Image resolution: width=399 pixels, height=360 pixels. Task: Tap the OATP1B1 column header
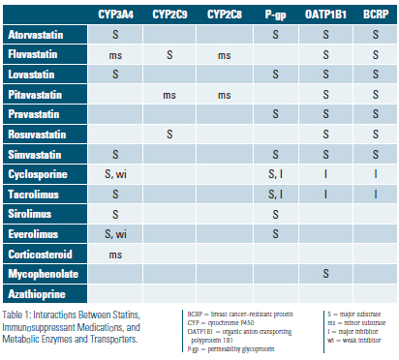327,15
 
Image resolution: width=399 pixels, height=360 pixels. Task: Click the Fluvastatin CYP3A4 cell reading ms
116,54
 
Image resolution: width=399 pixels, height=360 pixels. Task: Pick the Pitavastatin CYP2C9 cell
169,94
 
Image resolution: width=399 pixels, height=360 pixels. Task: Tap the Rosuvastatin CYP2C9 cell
169,133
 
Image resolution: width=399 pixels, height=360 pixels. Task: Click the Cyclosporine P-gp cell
275,172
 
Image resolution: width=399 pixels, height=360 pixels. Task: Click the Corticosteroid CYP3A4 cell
116,253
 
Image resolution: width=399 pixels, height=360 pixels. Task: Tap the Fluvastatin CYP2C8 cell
224,54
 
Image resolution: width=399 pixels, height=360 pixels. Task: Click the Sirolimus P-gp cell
275,212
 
